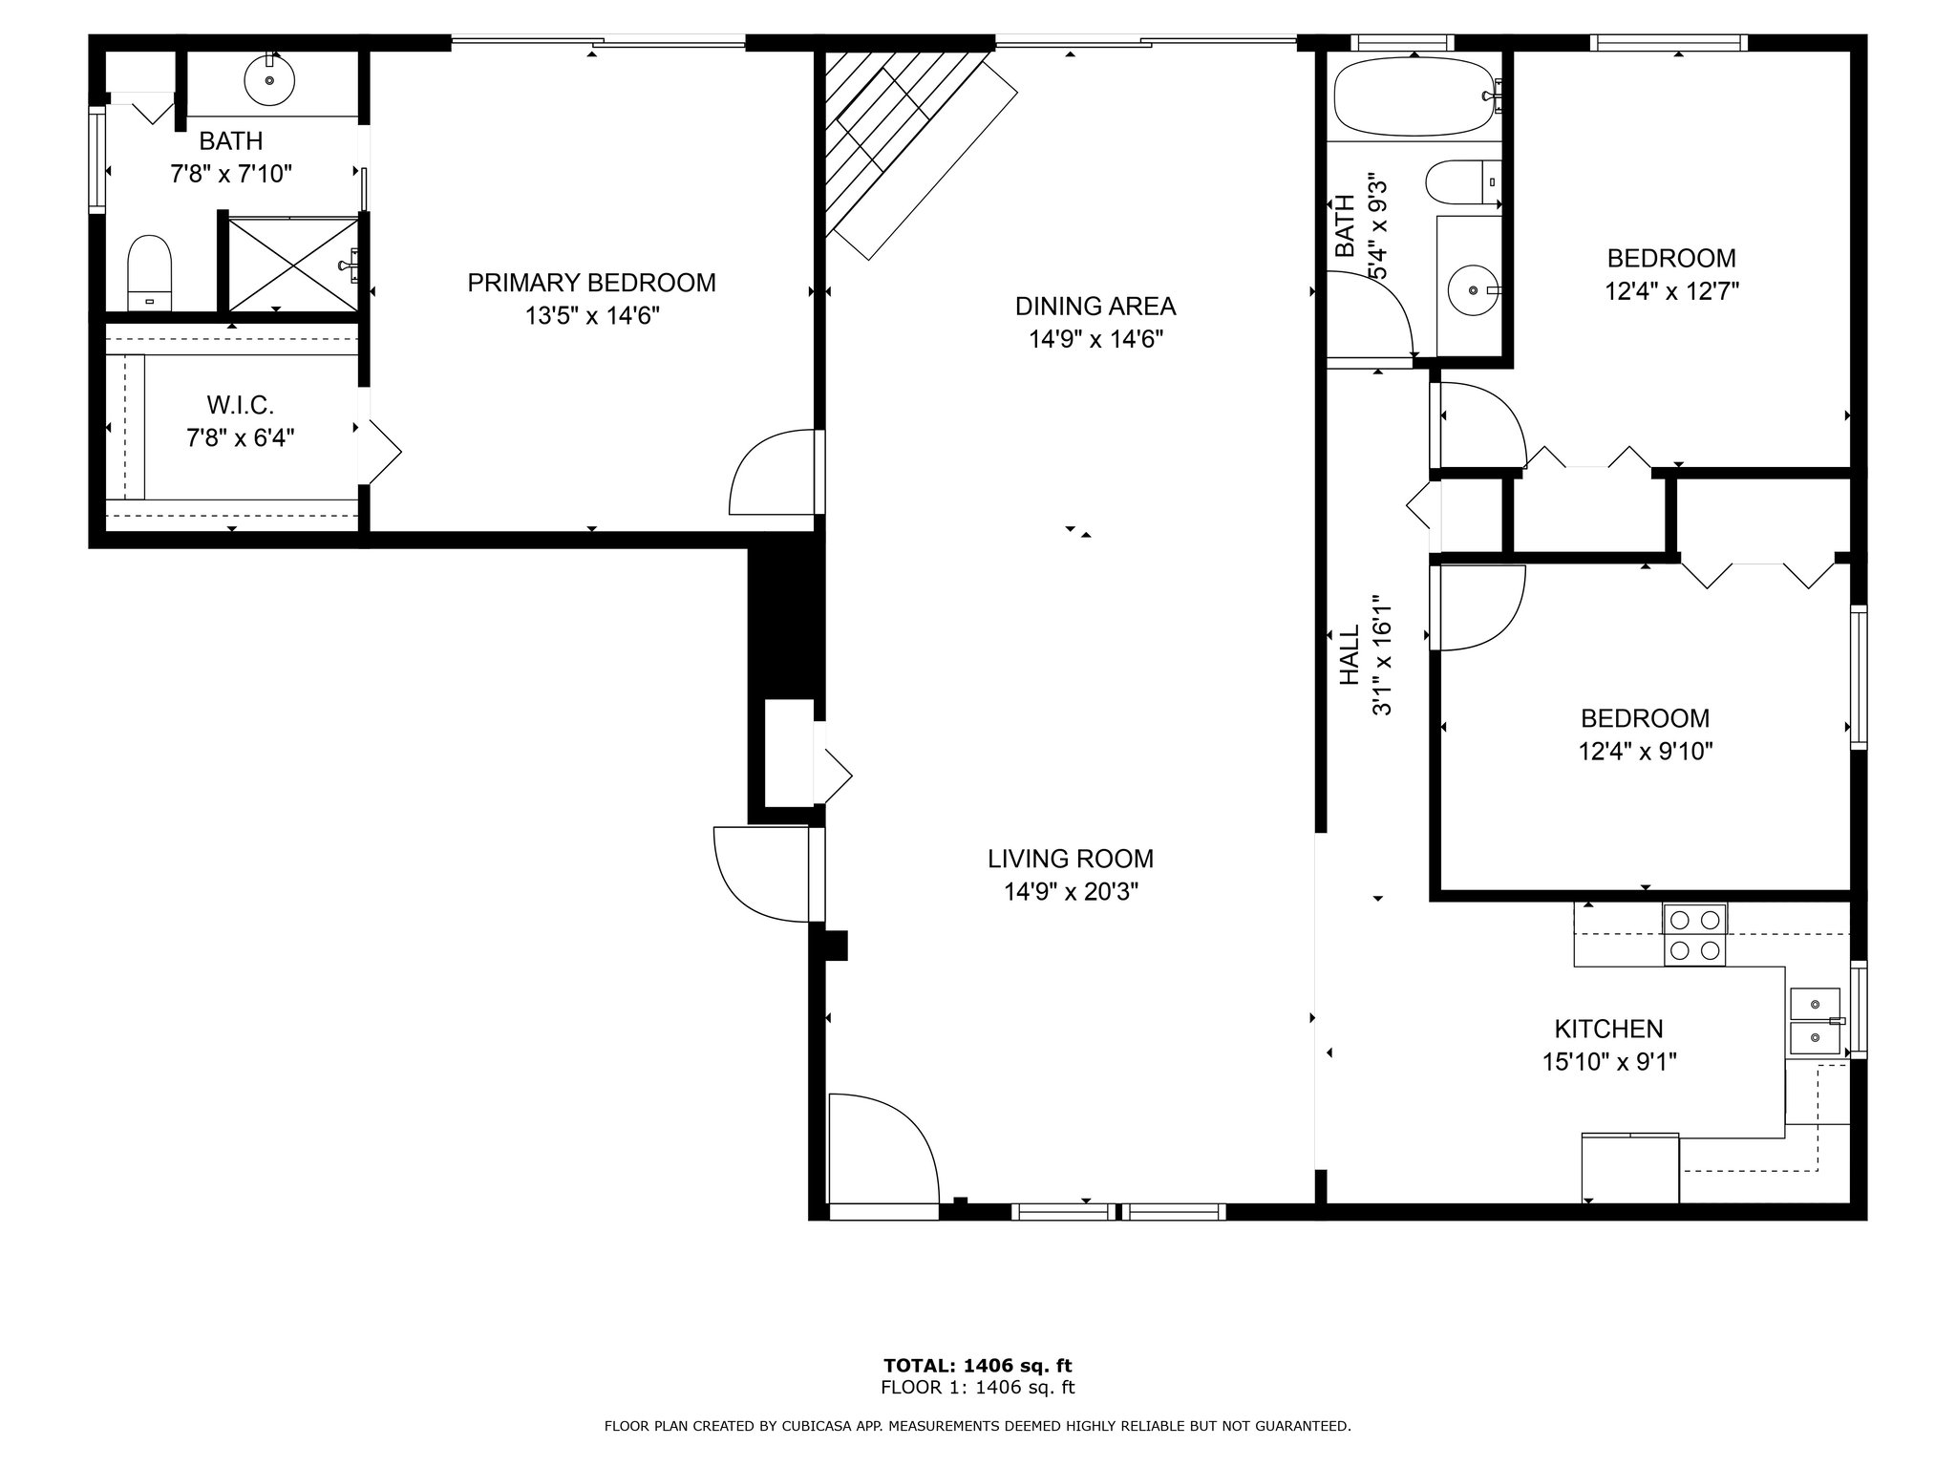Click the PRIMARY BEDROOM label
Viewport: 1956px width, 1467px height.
tap(591, 283)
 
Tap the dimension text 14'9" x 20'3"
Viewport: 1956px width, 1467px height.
tap(1071, 892)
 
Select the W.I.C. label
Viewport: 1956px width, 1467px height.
tap(240, 405)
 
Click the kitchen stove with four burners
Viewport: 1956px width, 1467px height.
tap(1694, 935)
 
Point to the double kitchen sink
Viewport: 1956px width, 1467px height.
tap(1815, 1021)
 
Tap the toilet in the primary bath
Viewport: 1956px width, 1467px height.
tap(149, 272)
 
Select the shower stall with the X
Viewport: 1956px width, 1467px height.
tap(293, 265)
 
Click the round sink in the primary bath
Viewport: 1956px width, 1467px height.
tap(269, 80)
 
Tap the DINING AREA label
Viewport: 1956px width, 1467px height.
tap(1095, 307)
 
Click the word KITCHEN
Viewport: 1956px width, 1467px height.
tap(1609, 1029)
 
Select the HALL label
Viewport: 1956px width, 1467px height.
tap(1349, 655)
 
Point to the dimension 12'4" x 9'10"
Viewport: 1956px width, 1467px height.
tap(1646, 752)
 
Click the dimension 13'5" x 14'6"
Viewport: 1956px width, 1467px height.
tap(592, 316)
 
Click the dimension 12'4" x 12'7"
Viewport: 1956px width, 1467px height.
tap(1671, 291)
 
